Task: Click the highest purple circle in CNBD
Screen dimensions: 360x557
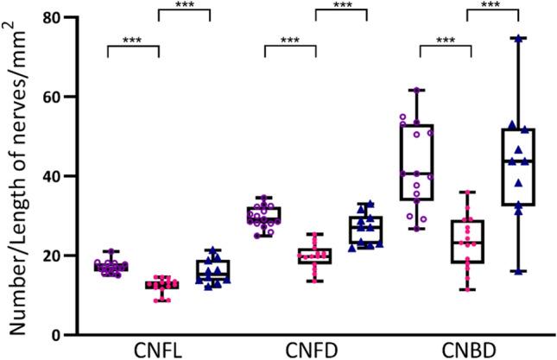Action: tap(418, 91)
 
